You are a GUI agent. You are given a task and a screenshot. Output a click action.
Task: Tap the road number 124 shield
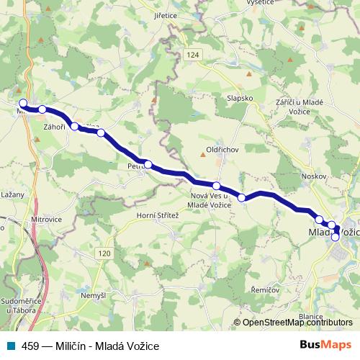(x=190, y=55)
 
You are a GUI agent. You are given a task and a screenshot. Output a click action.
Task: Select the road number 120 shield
(x=105, y=253)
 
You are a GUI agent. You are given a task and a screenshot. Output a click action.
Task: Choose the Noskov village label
(x=315, y=176)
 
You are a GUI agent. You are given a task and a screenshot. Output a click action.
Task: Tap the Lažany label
(x=14, y=194)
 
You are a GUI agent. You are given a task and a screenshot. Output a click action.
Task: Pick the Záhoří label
(x=54, y=127)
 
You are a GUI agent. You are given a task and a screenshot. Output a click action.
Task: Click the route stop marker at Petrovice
(x=148, y=164)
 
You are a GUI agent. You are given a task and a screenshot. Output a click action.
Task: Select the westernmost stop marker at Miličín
(x=23, y=103)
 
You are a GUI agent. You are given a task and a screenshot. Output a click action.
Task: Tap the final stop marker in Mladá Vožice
(x=335, y=237)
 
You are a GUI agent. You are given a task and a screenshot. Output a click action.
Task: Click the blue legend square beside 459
(x=9, y=346)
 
